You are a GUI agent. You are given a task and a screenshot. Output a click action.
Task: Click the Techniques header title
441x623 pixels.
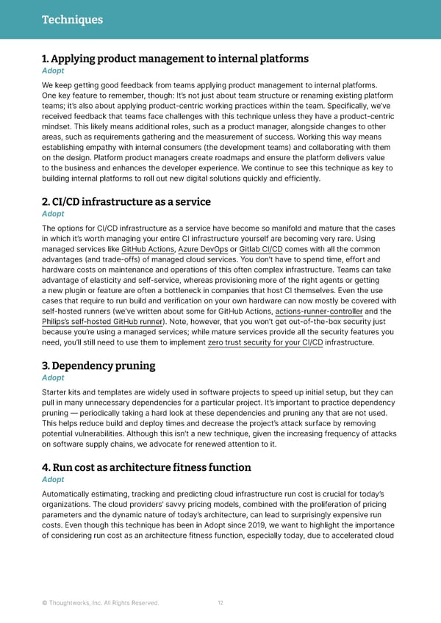pyautogui.click(x=71, y=20)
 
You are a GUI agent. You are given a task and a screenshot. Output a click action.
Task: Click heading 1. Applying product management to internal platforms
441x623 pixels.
pyautogui.click(x=175, y=59)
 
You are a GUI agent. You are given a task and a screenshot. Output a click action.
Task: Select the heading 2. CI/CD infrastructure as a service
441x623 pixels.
pyautogui.click(x=126, y=201)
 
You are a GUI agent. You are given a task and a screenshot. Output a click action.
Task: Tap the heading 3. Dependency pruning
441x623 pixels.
pyautogui.click(x=98, y=366)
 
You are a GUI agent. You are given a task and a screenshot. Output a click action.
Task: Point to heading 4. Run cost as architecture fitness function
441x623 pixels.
pyautogui.click(x=146, y=467)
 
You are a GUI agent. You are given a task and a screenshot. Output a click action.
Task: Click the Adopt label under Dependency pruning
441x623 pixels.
pyautogui.click(x=53, y=378)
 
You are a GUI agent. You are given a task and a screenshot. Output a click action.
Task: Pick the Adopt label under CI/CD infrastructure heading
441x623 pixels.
pyautogui.click(x=53, y=214)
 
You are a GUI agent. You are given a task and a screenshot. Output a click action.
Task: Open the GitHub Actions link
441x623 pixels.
pyautogui.click(x=147, y=249)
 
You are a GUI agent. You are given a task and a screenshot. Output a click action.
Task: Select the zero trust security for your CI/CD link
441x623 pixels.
pyautogui.click(x=266, y=342)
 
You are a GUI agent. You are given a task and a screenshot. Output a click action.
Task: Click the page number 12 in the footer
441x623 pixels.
pyautogui.click(x=220, y=603)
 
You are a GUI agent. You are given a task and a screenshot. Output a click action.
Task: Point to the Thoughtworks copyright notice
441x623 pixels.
pyautogui.click(x=100, y=603)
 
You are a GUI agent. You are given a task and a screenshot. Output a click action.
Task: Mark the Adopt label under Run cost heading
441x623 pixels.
pyautogui.click(x=53, y=479)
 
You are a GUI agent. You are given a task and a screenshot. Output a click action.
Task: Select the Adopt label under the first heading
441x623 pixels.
pyautogui.click(x=53, y=71)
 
